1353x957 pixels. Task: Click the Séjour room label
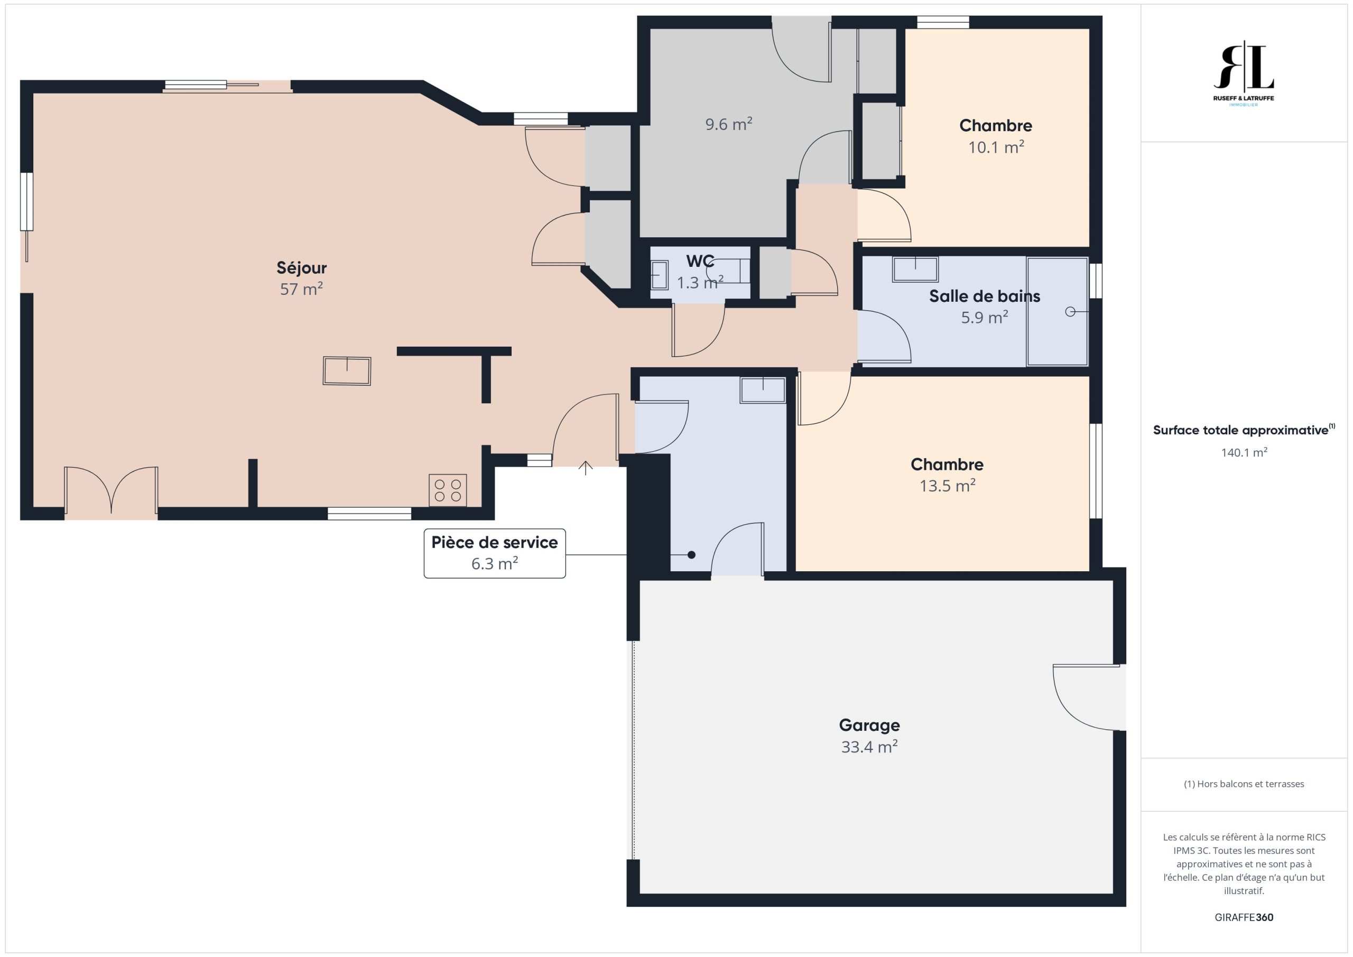[301, 267]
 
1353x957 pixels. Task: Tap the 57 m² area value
[301, 289]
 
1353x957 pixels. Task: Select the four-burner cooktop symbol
[448, 490]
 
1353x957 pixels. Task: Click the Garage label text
[869, 725]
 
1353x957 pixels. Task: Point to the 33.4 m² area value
[869, 747]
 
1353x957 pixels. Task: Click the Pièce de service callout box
[494, 553]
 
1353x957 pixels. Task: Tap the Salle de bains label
[985, 296]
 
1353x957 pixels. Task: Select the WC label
[700, 261]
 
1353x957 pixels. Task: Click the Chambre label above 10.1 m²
[996, 126]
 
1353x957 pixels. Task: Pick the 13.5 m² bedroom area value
[948, 486]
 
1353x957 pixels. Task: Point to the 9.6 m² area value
[729, 124]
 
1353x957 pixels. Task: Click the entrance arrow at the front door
[585, 468]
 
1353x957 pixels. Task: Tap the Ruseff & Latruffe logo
[1244, 73]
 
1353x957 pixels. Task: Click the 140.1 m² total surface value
[1244, 452]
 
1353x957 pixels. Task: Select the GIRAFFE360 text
[1244, 917]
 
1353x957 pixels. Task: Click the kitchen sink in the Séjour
[347, 371]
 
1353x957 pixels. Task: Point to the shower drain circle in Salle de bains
[1070, 312]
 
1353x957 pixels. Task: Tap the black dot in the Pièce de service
[691, 554]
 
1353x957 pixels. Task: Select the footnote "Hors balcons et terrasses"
[1244, 784]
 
